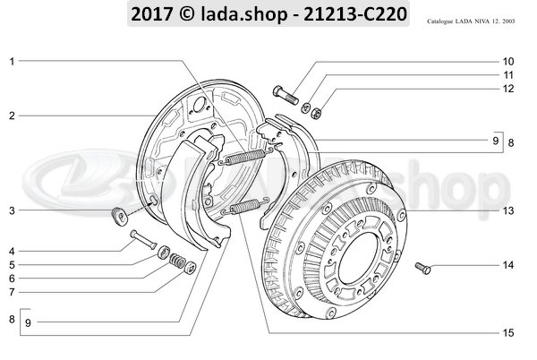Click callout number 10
[507, 61]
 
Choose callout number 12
[507, 89]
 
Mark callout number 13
[507, 211]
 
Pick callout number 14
[507, 266]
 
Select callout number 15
[507, 332]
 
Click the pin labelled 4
[146, 240]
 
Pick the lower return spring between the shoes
[244, 210]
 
